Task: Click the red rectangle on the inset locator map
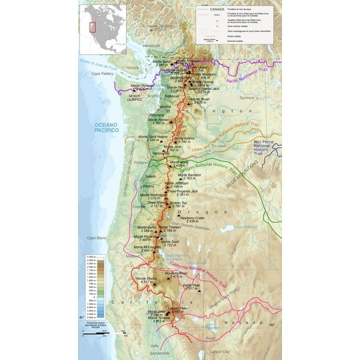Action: click(x=92, y=27)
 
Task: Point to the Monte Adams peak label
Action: click(x=196, y=139)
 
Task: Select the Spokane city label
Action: click(x=247, y=97)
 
